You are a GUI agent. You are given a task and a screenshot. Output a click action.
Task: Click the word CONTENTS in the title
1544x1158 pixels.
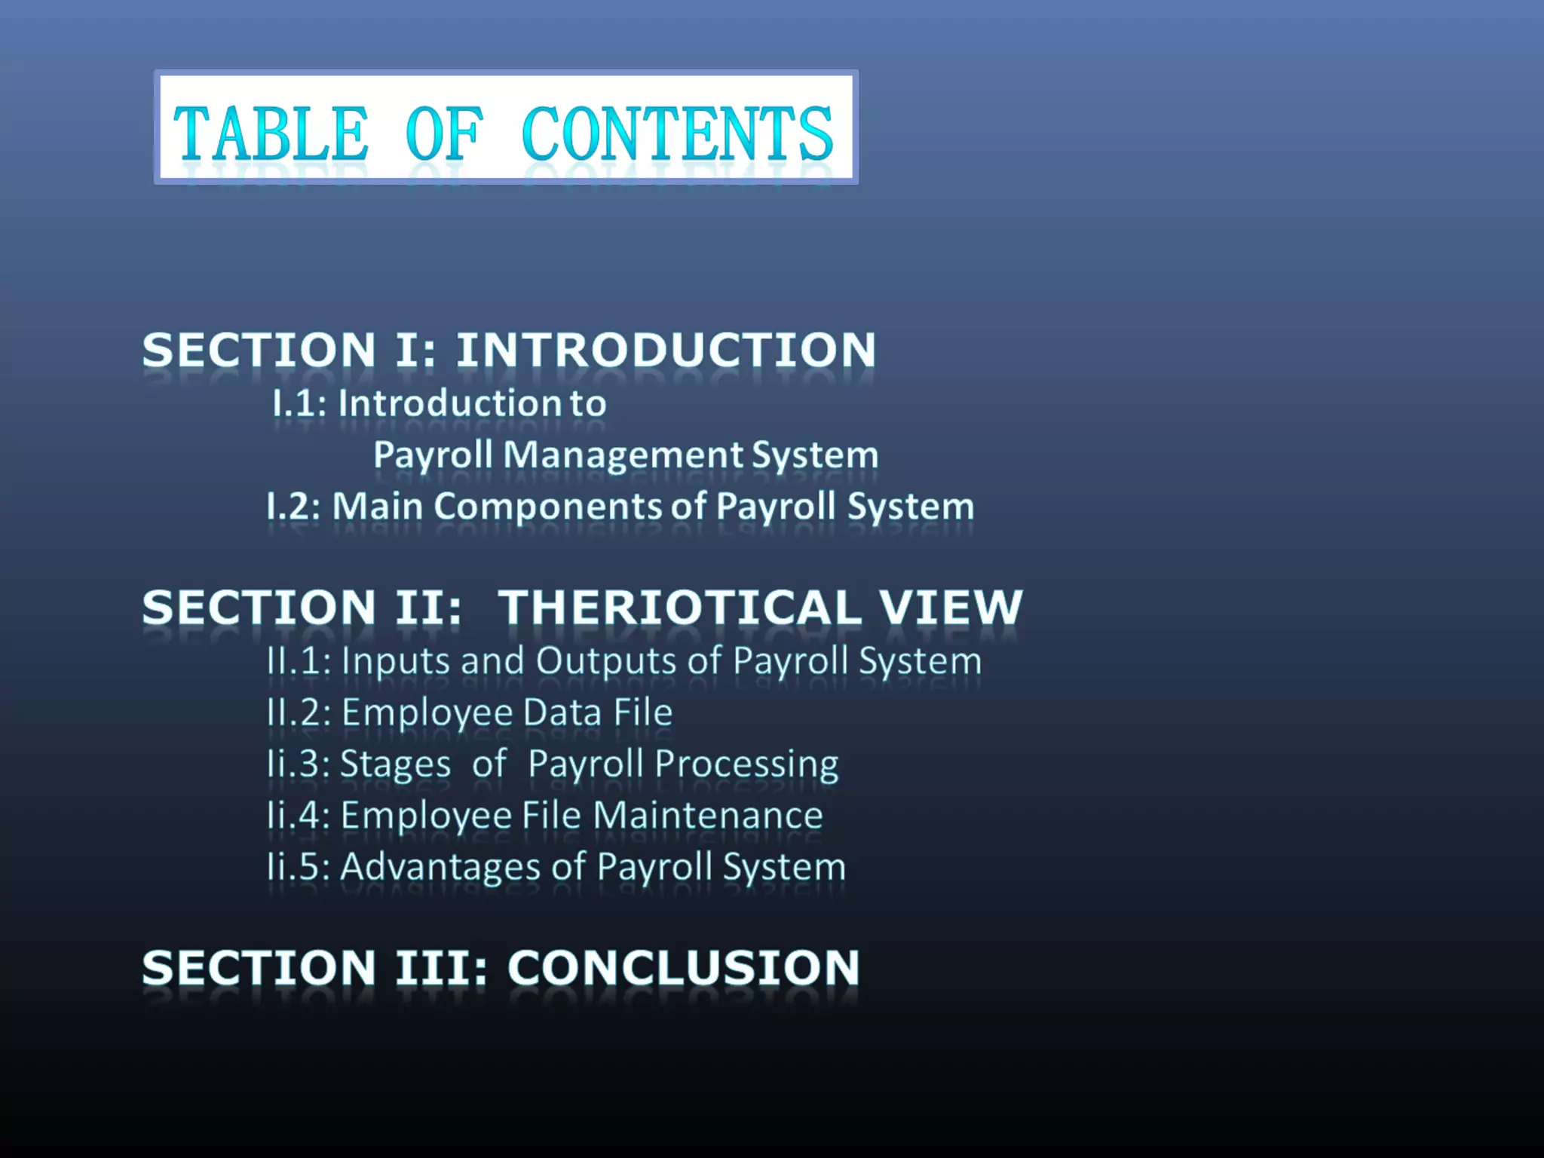click(x=677, y=134)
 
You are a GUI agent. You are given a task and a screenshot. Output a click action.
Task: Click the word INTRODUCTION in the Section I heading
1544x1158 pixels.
click(x=666, y=351)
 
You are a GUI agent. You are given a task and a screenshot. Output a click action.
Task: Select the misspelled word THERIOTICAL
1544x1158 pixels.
click(x=679, y=608)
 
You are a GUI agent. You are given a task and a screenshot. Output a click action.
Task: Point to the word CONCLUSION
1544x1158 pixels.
click(x=683, y=968)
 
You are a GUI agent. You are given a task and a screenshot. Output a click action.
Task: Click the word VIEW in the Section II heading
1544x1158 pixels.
click(x=951, y=608)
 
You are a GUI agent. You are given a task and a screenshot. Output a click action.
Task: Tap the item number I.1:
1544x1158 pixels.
click(x=299, y=403)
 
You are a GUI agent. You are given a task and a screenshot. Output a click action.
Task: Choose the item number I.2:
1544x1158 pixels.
click(x=294, y=506)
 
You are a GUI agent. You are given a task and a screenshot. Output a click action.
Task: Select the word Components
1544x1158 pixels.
click(x=547, y=506)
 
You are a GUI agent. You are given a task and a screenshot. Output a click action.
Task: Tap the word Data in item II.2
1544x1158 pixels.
click(x=562, y=712)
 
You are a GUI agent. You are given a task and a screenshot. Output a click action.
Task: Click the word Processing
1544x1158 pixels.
click(x=746, y=765)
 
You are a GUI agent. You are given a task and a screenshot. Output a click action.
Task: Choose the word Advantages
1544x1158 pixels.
click(x=440, y=867)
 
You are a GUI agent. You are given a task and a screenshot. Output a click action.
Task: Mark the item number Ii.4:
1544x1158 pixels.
click(x=298, y=816)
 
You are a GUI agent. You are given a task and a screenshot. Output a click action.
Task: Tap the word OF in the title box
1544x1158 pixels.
click(x=444, y=134)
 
